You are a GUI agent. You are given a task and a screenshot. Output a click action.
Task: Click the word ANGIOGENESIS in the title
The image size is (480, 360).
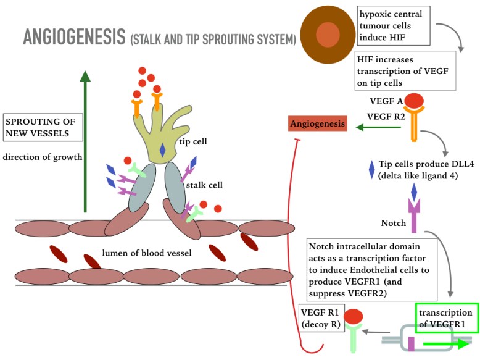point(73,38)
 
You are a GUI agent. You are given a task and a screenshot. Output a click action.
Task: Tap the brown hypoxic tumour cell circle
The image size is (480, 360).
point(328,35)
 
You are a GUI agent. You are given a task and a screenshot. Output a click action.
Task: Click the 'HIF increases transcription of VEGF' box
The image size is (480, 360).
point(405,71)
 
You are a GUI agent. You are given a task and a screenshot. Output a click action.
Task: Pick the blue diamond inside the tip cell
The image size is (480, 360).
point(162,149)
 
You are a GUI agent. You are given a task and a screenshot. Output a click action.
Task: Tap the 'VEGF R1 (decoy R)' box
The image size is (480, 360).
point(320,318)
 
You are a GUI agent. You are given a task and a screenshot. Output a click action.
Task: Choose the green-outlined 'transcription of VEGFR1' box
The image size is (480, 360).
point(447,317)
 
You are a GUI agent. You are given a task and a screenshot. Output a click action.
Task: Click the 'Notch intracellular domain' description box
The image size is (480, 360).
point(371,269)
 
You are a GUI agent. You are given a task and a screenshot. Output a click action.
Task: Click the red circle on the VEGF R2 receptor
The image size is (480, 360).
point(413,101)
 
